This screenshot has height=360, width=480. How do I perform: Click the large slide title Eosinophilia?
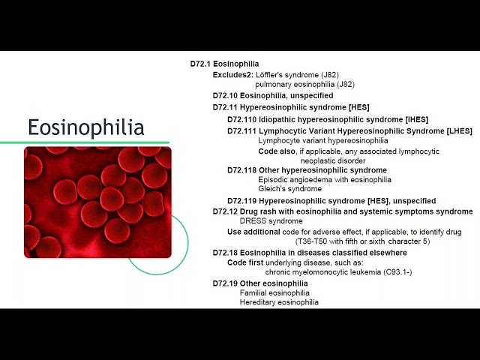point(86,127)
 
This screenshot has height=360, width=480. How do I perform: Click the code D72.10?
point(225,95)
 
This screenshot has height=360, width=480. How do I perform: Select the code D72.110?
point(241,119)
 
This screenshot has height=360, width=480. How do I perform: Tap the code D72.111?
point(241,131)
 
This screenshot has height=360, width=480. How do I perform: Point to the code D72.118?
point(241,170)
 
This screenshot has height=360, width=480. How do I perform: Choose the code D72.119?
point(241,201)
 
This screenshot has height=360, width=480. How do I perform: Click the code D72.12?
point(225,211)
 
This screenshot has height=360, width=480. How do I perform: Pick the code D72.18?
point(225,253)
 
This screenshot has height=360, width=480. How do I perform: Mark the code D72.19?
point(225,283)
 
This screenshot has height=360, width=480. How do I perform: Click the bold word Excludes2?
point(233,75)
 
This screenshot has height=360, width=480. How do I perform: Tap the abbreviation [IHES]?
point(417,119)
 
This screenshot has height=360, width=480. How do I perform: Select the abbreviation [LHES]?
point(460,131)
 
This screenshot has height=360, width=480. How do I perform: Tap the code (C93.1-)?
point(397,271)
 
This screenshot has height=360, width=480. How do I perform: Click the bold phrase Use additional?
point(253,232)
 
